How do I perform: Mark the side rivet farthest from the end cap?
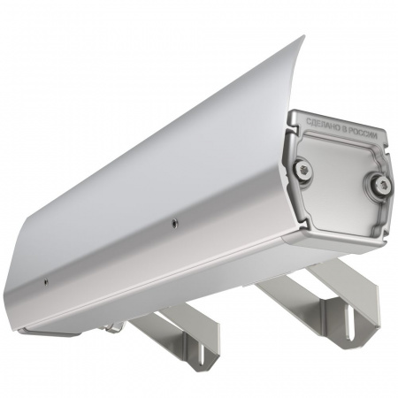[x=46, y=282]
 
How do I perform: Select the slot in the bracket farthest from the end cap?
[x=200, y=354]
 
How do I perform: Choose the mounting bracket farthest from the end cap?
[x=181, y=332]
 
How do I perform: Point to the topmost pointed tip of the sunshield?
[x=302, y=36]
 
